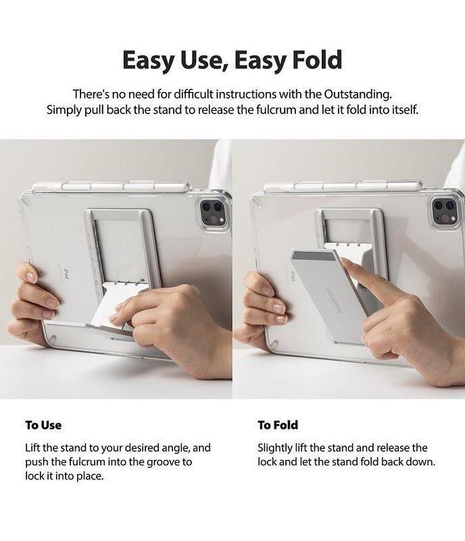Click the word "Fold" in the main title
coord(310,60)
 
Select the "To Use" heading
coord(43,425)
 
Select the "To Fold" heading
coord(278,425)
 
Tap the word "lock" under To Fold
coord(268,462)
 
